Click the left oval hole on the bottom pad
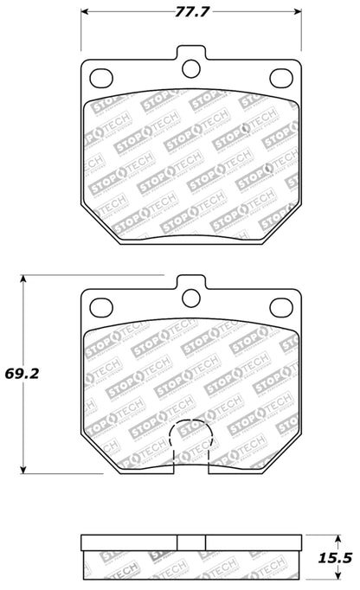[x=100, y=306]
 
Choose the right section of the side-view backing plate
[x=250, y=542]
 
